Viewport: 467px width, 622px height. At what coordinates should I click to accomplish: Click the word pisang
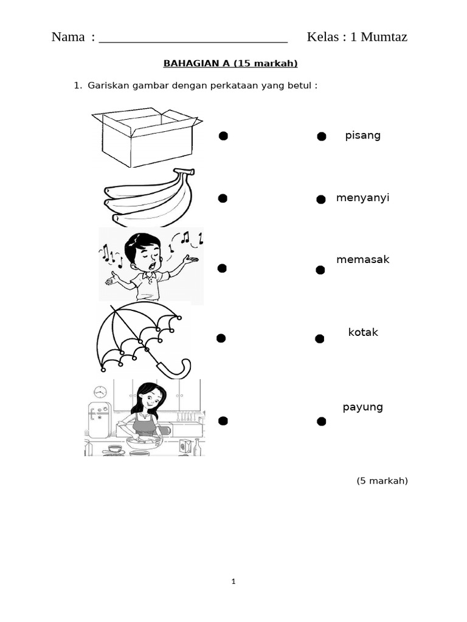coord(362,135)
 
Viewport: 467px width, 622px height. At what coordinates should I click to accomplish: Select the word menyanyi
coord(362,198)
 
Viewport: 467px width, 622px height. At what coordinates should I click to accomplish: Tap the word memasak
coord(362,259)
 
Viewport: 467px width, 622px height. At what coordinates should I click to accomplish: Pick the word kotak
coord(363,332)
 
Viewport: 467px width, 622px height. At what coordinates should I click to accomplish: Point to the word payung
coord(362,408)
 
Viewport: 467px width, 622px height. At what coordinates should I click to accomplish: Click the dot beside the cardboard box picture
coord(223,136)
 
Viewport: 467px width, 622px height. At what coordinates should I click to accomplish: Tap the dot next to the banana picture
coord(223,199)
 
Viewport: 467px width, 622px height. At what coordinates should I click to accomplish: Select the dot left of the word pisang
coord(322,137)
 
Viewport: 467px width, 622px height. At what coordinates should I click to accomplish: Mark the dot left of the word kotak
coord(320,339)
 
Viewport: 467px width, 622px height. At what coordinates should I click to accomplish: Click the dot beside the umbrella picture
coord(221,338)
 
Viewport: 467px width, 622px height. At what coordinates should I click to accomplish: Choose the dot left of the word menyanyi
coord(321,199)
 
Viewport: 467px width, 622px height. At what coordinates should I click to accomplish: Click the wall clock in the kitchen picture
coord(100,392)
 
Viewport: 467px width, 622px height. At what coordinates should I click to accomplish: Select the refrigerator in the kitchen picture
coord(99,420)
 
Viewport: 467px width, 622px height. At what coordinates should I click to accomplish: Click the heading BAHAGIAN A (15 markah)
coord(230,63)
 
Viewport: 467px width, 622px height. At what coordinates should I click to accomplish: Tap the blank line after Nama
coord(193,42)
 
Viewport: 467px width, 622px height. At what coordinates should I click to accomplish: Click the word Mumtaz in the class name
coord(384,37)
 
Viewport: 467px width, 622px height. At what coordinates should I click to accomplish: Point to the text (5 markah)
coord(382,481)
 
